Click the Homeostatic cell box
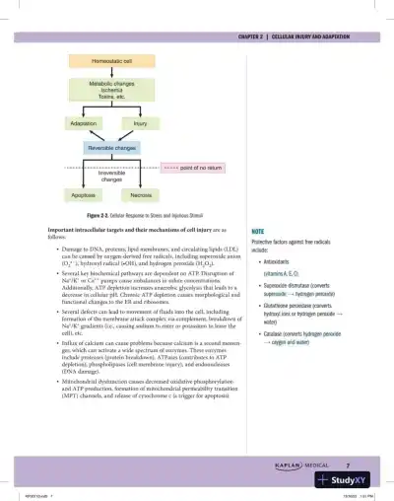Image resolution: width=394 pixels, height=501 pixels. tap(120, 62)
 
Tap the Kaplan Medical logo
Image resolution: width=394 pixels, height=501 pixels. tap(304, 464)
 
